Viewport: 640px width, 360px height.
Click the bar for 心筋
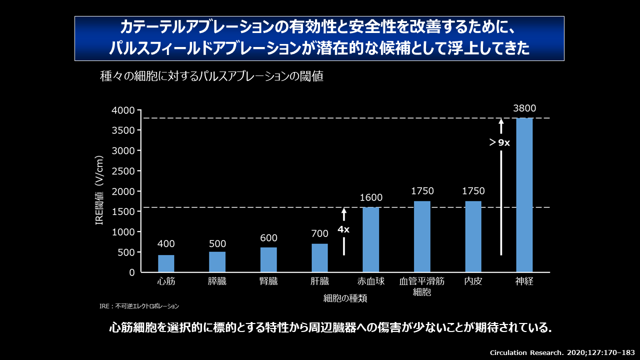coord(166,264)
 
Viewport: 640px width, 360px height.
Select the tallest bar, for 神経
coord(524,195)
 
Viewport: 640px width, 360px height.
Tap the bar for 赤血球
coord(370,240)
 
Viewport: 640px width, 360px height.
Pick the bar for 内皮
coord(473,237)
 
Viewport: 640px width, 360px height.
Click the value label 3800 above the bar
coord(524,108)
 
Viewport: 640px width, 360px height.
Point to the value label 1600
coord(370,197)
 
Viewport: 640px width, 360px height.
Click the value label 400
coord(166,244)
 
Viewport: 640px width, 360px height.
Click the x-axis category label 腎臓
coord(268,281)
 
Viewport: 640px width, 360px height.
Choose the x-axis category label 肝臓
coord(319,281)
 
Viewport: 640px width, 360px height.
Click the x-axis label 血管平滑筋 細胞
coord(422,286)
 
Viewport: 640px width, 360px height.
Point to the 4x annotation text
coord(343,229)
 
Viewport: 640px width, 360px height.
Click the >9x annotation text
coord(499,143)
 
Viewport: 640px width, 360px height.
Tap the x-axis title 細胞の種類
coord(345,298)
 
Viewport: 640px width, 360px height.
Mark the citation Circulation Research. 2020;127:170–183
coord(561,352)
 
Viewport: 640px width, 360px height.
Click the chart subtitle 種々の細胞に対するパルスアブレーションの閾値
coord(211,76)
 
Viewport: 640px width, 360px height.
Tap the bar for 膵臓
coord(217,262)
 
